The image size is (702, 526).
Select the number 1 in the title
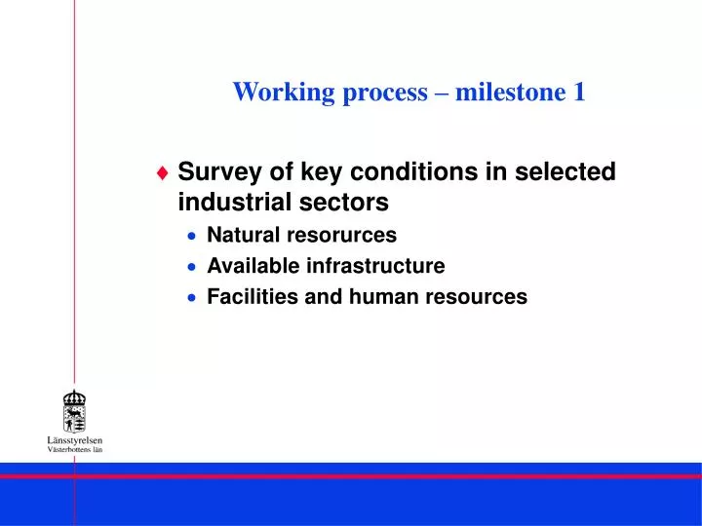[x=579, y=93]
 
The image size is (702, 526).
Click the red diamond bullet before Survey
[x=163, y=172]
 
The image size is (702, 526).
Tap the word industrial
[x=228, y=203]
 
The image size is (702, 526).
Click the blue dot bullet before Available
[x=193, y=267]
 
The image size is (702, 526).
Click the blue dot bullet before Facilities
[x=193, y=298]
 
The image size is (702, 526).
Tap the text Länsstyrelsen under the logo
[x=74, y=440]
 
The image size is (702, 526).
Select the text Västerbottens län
[x=74, y=450]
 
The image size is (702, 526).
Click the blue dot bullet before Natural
[x=193, y=236]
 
